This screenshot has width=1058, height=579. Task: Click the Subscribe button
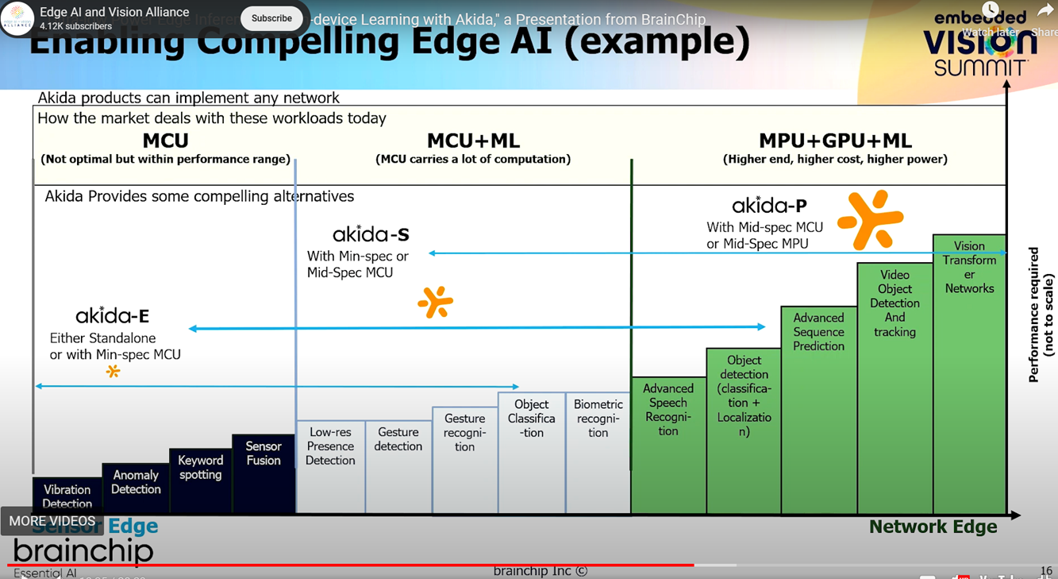pos(271,18)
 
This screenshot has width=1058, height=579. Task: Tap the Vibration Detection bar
pos(67,494)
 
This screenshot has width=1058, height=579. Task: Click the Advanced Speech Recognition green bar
pos(668,445)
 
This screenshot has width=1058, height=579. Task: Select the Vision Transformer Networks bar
pos(969,373)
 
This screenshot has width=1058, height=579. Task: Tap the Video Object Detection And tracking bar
pos(894,389)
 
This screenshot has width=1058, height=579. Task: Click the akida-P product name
pos(769,207)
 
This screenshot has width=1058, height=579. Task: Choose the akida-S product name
pos(371,234)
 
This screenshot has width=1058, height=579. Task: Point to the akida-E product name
pos(112,316)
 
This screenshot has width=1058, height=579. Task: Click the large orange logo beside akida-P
pos(870,219)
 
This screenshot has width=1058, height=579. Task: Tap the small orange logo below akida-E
pos(113,371)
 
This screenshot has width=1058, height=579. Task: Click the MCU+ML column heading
pos(473,141)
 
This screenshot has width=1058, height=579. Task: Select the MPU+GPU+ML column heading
pos(835,141)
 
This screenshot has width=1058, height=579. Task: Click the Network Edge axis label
pos(933,527)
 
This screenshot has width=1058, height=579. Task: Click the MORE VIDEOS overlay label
pos(52,521)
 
